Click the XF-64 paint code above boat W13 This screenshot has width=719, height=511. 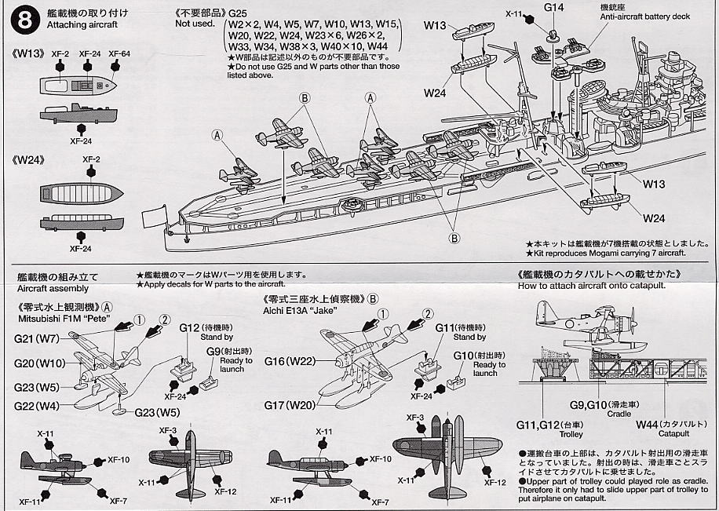point(119,53)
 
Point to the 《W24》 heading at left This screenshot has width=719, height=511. point(28,159)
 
